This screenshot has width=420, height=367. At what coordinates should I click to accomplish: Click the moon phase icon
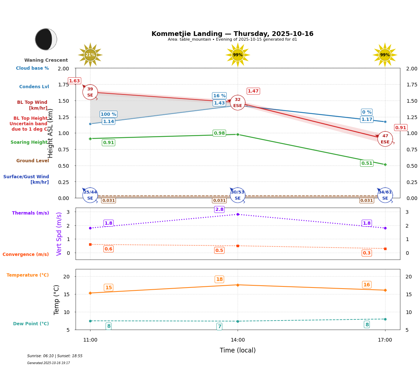(x=46, y=39)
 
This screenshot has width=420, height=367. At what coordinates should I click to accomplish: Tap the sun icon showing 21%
(x=90, y=55)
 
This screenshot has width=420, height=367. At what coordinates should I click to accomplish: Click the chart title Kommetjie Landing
(x=232, y=34)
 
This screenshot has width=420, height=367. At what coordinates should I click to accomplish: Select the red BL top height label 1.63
(x=74, y=81)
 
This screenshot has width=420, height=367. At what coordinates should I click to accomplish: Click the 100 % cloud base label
(x=108, y=114)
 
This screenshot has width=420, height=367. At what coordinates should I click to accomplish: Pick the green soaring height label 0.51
(x=367, y=163)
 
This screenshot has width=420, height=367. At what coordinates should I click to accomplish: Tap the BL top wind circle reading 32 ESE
(x=238, y=103)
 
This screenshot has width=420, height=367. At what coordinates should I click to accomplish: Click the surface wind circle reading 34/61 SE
(x=385, y=195)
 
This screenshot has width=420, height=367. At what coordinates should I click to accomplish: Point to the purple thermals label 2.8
(x=219, y=209)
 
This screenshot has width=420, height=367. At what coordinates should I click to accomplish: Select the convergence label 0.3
(x=367, y=253)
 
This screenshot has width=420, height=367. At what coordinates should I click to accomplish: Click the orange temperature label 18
(x=219, y=279)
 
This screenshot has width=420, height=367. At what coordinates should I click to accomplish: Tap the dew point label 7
(x=219, y=326)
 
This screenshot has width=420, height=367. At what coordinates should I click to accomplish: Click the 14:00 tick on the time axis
(x=238, y=340)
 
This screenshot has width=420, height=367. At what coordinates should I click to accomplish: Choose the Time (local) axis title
(x=238, y=350)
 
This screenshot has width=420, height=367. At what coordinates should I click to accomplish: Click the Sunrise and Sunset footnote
(x=55, y=356)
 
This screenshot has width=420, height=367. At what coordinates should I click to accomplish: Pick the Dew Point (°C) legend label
(x=31, y=324)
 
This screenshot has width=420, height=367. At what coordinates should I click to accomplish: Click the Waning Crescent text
(x=46, y=60)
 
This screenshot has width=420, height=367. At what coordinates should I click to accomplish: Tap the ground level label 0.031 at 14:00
(x=219, y=200)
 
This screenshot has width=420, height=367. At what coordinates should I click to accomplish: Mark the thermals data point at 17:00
(x=385, y=228)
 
